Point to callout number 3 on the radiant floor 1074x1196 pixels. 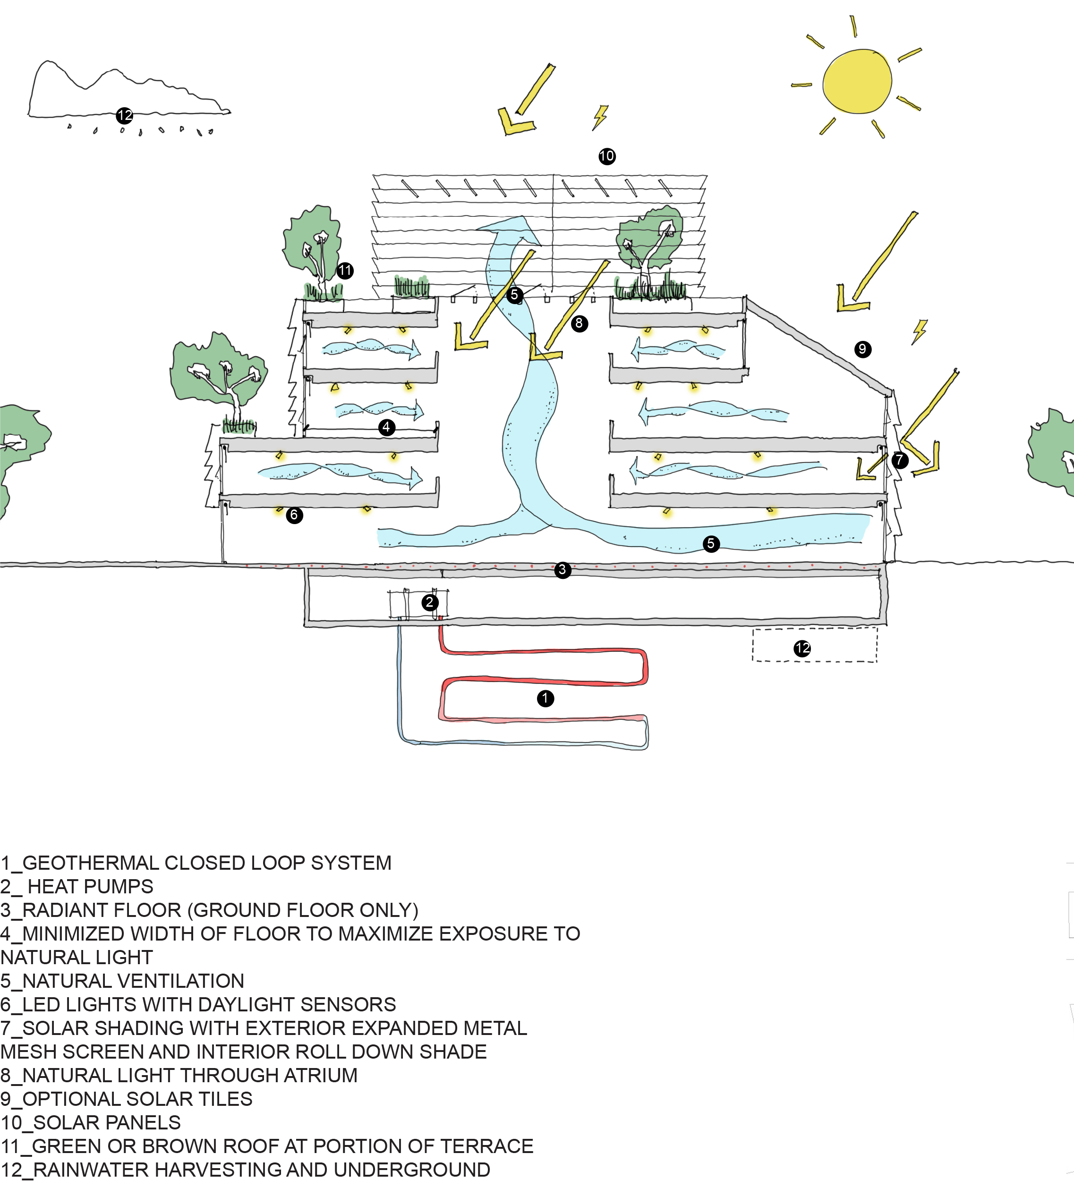click(563, 570)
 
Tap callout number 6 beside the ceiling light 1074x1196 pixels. click(295, 515)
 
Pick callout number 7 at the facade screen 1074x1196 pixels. click(898, 461)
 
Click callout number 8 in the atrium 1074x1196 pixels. click(580, 323)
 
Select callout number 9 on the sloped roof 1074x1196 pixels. click(862, 350)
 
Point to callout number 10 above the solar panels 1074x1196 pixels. click(606, 156)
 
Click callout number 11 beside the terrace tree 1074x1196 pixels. click(345, 271)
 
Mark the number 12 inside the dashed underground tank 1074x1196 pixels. click(802, 648)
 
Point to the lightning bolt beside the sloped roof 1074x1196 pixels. click(919, 331)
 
